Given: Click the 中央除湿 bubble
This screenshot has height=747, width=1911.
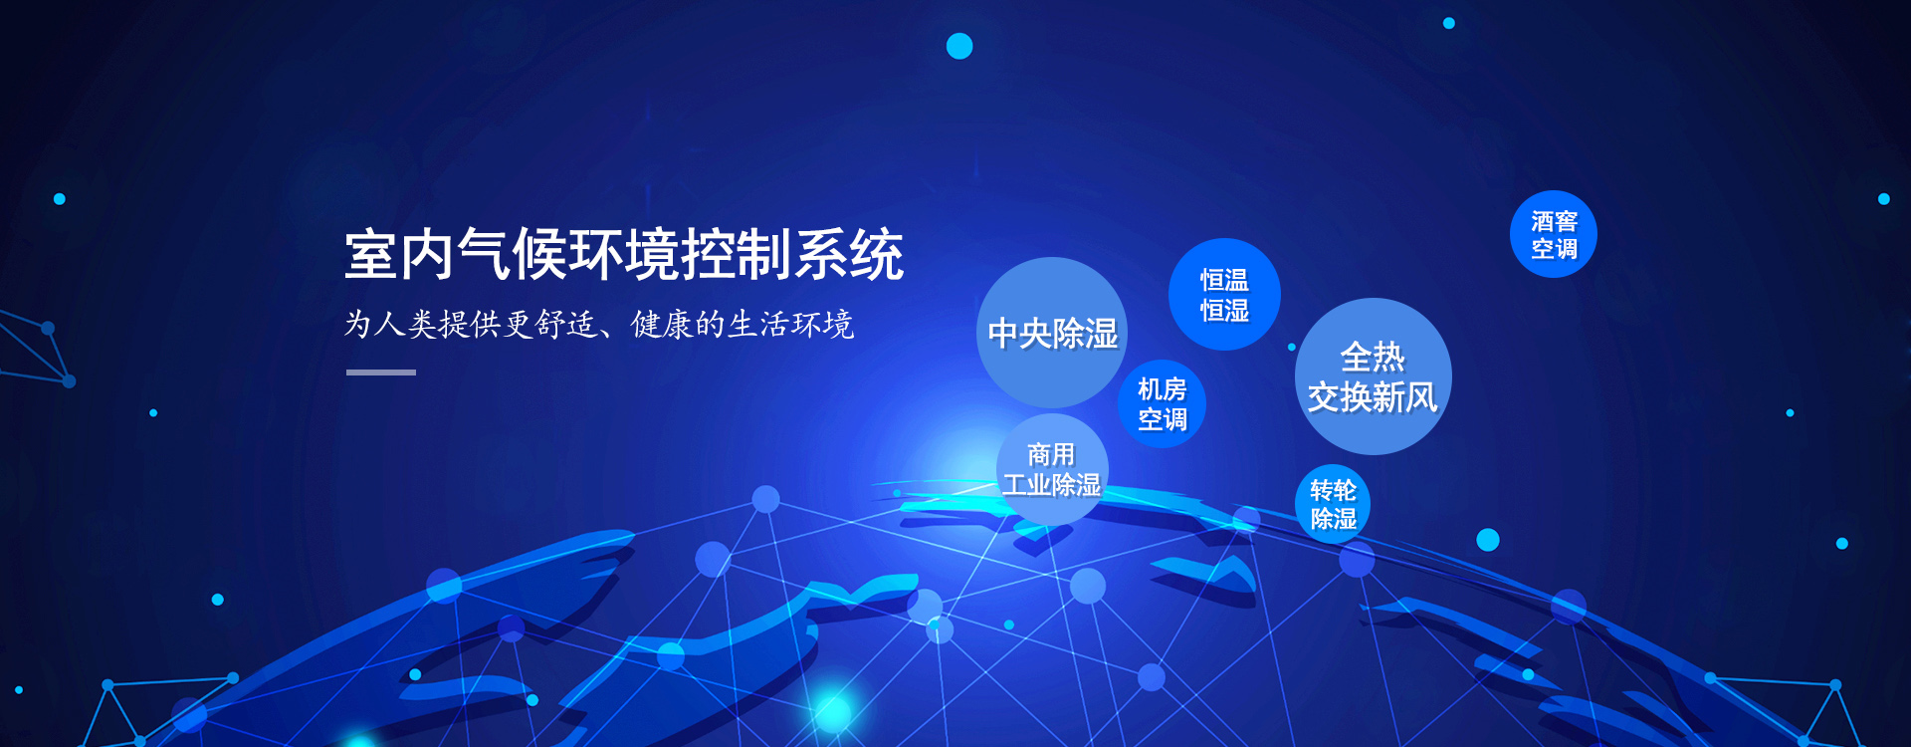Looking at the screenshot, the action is point(1052,333).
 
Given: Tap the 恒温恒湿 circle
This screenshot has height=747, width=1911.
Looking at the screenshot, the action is point(1224,295).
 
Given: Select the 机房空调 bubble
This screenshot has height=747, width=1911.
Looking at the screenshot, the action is point(1162,404).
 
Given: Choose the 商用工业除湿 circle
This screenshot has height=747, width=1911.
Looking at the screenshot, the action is point(1052,469).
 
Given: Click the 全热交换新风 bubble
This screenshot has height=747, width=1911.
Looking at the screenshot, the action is point(1373,376).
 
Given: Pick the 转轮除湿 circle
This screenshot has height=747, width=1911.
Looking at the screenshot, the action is point(1333,504).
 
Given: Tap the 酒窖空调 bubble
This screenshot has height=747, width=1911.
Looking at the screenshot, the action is point(1553,234).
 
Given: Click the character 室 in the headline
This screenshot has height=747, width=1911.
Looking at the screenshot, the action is point(371,255).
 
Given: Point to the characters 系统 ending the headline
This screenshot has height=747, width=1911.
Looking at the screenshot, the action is point(848,255).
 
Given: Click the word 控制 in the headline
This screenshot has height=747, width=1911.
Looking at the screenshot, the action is point(737,255).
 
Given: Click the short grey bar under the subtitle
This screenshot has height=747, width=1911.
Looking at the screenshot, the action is point(381,373).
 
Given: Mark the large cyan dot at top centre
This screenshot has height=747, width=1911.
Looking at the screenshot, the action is point(959,46).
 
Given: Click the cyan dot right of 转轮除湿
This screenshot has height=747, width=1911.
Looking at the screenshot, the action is point(1488,540).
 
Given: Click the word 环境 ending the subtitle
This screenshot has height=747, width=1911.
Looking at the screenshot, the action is point(822,325).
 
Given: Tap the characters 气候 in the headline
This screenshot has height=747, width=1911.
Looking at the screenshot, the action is point(512,255).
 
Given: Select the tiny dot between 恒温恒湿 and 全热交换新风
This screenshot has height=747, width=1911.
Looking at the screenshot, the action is point(1292,347).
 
